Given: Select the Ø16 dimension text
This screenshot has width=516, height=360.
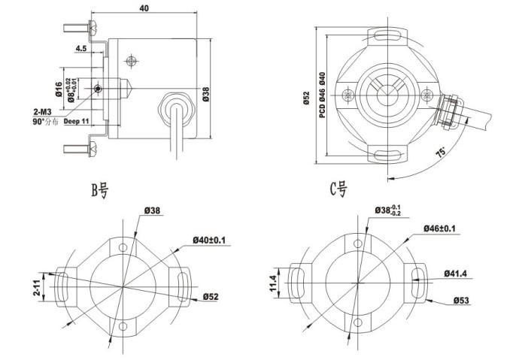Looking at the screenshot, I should coord(58,89).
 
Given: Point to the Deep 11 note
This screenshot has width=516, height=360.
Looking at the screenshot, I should coord(77,120).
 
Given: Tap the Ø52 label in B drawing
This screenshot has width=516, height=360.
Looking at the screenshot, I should coord(210,298).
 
